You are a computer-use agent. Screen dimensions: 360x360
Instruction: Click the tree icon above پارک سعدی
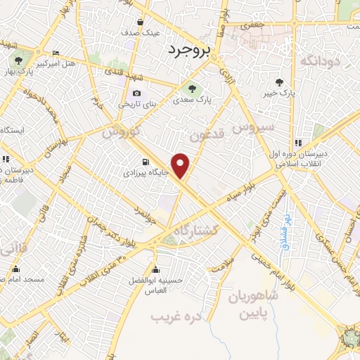[191, 89]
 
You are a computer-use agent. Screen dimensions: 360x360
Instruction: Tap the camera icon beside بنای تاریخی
[136, 94]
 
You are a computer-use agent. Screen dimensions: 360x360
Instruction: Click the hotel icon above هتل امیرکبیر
[56, 53]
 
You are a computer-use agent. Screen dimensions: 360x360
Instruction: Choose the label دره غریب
[176, 316]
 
